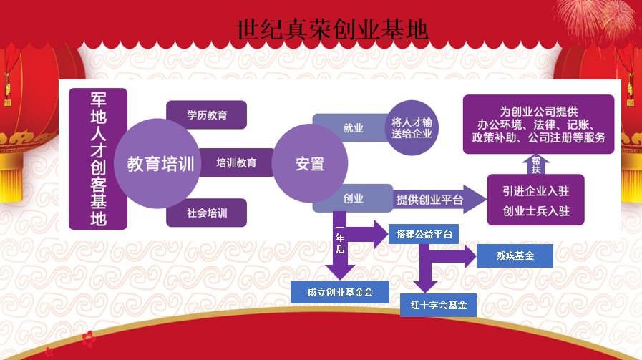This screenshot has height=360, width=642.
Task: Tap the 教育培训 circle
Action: point(161,164)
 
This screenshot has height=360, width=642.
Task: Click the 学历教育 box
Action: point(206,115)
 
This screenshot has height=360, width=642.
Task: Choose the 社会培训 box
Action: point(206,213)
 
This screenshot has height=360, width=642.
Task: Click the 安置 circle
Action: point(309,164)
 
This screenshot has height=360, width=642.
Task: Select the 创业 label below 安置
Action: point(353,199)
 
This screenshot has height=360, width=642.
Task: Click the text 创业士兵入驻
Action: point(541,212)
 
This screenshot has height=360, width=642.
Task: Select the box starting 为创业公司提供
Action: point(538,125)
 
